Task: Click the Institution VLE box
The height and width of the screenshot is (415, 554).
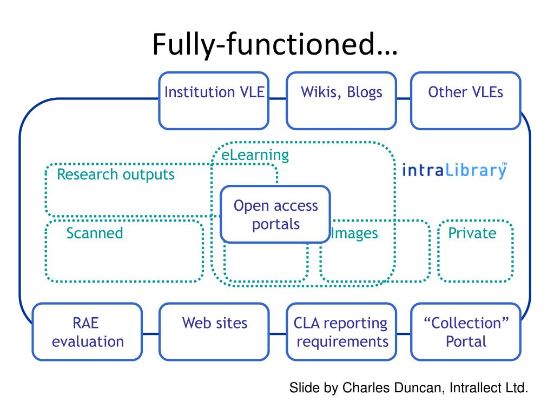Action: point(214,101)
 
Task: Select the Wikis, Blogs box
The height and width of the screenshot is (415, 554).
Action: point(341,101)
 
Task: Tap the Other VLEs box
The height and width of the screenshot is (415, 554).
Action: point(466,101)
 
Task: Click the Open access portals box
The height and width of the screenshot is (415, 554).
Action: point(275,214)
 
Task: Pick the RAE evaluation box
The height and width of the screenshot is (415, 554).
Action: point(87,332)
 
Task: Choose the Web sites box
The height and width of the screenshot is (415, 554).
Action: point(214,332)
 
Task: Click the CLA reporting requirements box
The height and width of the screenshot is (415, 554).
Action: point(341,332)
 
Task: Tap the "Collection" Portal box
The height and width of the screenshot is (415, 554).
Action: point(466,332)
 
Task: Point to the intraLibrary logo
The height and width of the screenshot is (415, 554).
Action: point(454,170)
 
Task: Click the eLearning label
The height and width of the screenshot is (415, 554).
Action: point(255,155)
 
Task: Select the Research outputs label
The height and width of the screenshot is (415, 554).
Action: point(116,175)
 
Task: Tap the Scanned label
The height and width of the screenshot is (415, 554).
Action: point(95,233)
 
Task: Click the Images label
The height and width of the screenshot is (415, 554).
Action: point(354,233)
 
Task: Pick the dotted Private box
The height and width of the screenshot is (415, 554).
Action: point(475,251)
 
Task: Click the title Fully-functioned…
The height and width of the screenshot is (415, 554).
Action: point(275,44)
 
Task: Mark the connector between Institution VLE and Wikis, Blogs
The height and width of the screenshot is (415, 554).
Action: point(278,98)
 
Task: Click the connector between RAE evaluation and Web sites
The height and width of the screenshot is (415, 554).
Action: point(151,333)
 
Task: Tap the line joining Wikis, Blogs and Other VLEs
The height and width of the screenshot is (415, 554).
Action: point(404,98)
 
